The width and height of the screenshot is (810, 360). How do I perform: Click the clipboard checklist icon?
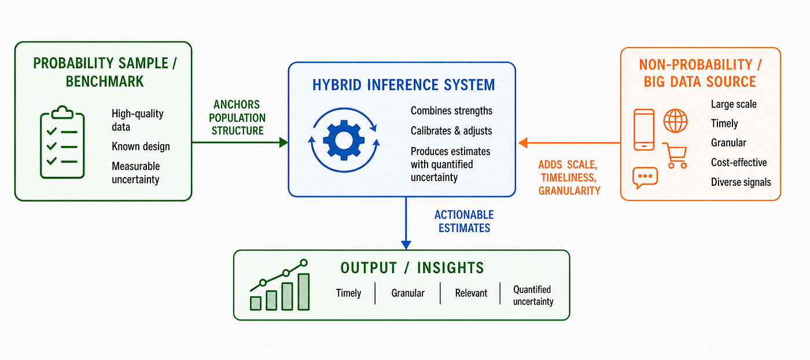[x=62, y=142]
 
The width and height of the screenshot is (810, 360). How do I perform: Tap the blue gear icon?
[x=344, y=140]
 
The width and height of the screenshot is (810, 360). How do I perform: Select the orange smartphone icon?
[x=644, y=130]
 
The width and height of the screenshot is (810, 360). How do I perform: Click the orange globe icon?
[x=675, y=121]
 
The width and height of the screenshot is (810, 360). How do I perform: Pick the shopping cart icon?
[x=676, y=155]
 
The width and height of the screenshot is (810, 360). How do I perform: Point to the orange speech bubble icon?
[x=645, y=177]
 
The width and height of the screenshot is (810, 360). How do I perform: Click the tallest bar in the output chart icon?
[x=303, y=292]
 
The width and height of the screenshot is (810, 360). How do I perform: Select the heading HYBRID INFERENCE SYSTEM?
[x=404, y=85]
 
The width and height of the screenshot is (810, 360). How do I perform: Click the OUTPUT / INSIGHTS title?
[x=412, y=268]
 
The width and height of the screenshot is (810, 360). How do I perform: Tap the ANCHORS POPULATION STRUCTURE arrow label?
[x=237, y=117]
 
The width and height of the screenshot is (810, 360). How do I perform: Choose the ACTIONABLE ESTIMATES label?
[x=464, y=222]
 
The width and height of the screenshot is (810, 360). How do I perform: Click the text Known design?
[x=141, y=146]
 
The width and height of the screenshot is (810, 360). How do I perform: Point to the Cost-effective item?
[x=739, y=163]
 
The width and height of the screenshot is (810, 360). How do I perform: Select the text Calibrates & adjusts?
[x=451, y=131]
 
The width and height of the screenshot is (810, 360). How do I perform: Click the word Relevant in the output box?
[x=471, y=293]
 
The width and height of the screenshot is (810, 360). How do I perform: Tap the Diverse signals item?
[x=741, y=182]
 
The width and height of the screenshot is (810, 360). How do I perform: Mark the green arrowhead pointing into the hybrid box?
[x=284, y=142]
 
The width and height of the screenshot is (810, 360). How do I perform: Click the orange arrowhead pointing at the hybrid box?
[x=523, y=143]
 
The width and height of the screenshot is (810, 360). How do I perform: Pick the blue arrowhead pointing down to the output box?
[x=406, y=245]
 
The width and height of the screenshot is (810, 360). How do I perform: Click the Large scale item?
[x=734, y=104]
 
